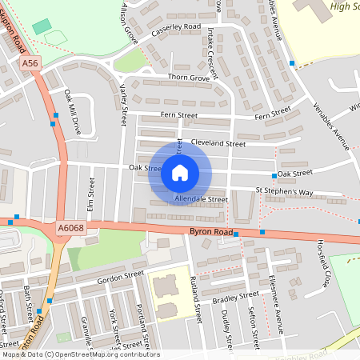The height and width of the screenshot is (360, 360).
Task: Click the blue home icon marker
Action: tap(180, 173)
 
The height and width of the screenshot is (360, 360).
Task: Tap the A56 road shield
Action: tap(30, 62)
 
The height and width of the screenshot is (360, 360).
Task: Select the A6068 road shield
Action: tap(70, 230)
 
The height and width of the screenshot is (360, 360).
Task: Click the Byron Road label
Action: tap(210, 232)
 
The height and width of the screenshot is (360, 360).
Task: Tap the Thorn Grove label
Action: tap(189, 78)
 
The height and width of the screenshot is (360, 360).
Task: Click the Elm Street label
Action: tap(90, 193)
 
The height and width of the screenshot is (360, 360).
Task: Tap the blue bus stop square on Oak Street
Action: tap(274, 175)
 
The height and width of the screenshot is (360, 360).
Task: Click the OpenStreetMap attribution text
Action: tap(80, 354)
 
